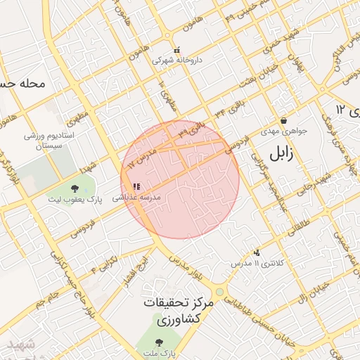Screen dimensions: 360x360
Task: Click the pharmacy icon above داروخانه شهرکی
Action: (177, 51)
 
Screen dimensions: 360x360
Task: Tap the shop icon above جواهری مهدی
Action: (283, 120)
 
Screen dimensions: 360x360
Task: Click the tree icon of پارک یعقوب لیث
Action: (75, 188)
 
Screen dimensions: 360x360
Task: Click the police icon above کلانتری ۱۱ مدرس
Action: (257, 252)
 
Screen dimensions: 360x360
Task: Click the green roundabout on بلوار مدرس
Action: (220, 290)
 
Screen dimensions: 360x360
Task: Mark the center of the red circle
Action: (180, 180)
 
